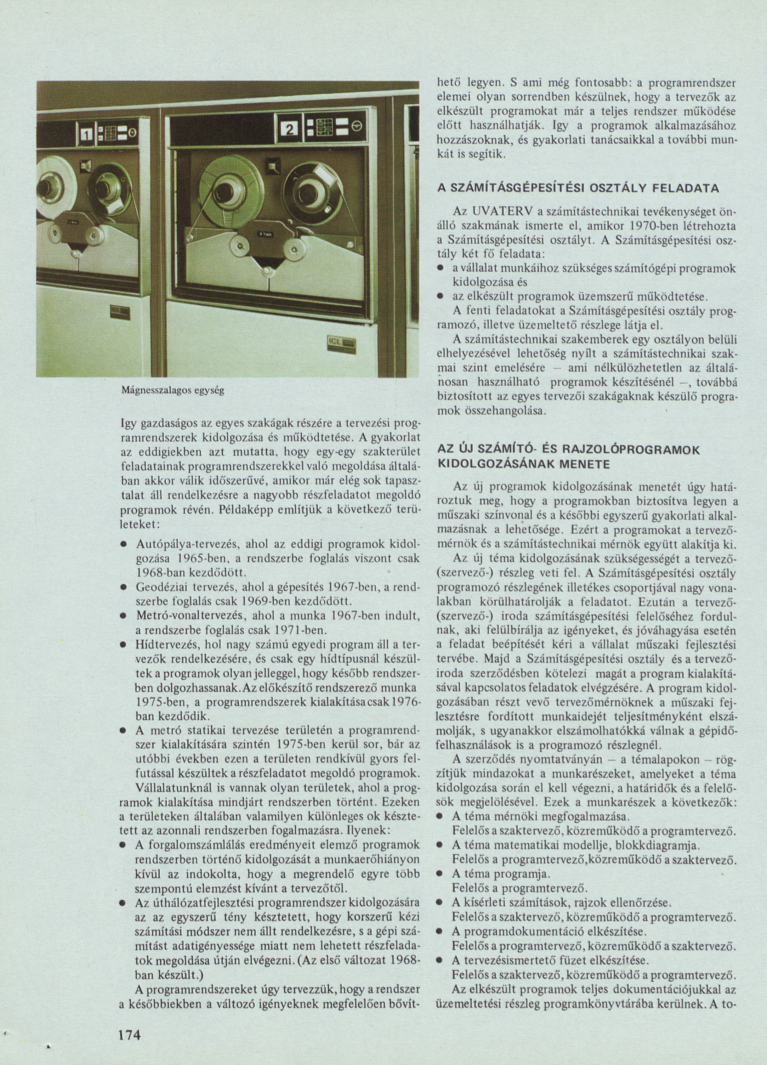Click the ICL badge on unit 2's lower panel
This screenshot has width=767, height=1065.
tap(341, 345)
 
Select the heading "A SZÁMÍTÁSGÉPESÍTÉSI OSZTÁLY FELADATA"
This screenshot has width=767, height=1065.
tap(578, 189)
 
